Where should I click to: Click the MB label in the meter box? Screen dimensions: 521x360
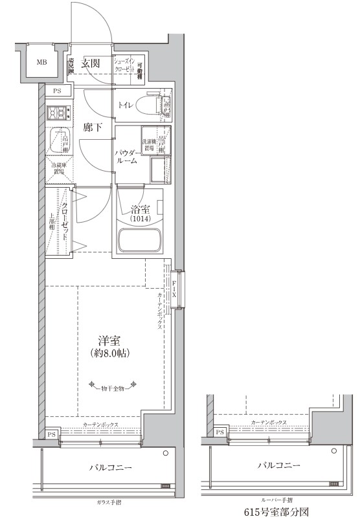(41, 63)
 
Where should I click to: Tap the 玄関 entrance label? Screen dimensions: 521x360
(91, 63)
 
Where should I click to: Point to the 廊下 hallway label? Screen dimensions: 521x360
(93, 128)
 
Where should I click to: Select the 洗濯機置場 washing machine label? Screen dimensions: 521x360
(148, 144)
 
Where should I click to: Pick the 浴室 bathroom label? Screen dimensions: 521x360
(140, 210)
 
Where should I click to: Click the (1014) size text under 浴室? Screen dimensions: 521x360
(140, 219)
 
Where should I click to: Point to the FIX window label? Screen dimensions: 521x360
(175, 287)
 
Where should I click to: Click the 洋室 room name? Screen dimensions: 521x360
(107, 341)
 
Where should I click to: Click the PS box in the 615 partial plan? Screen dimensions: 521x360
(220, 432)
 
